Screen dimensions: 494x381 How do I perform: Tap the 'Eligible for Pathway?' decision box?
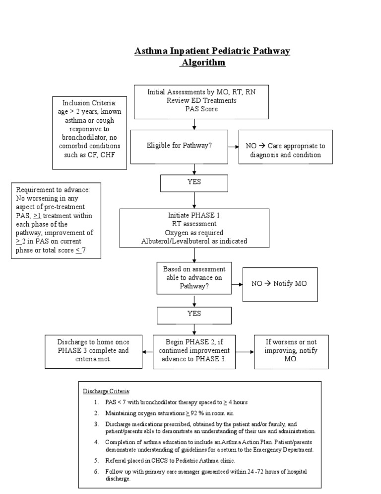pos(179,146)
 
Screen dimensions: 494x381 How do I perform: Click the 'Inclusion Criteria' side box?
pos(89,133)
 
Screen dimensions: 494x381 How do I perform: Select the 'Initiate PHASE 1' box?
pos(194,228)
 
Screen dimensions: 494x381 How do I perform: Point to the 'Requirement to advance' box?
pos(57,221)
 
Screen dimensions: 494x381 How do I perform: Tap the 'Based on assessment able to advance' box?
pos(194,278)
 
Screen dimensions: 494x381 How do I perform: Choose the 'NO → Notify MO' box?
pos(280,283)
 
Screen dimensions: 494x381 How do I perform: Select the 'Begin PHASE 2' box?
pos(194,351)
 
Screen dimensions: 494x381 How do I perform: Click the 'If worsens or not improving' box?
pos(291,351)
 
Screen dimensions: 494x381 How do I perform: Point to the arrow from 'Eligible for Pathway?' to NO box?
pos(233,147)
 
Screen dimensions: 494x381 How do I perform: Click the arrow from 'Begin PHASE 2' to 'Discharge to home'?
pos(147,351)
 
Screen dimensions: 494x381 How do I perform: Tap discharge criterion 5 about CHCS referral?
pos(173,460)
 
